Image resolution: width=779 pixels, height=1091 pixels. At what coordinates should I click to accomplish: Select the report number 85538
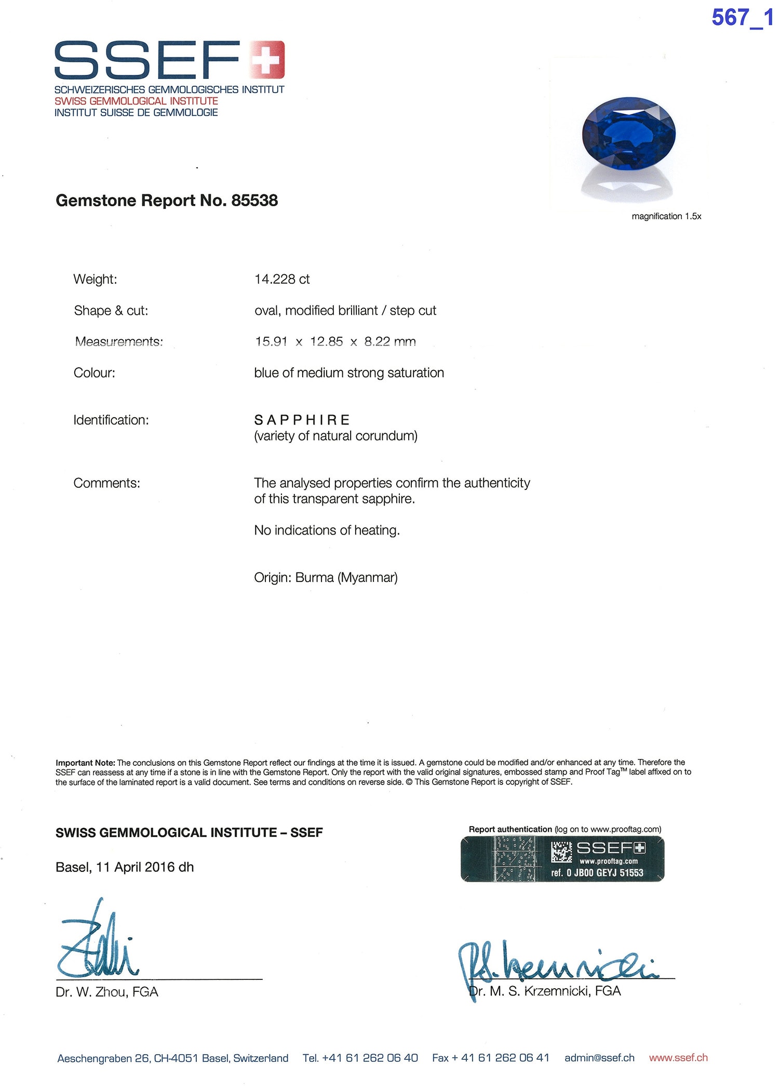[254, 201]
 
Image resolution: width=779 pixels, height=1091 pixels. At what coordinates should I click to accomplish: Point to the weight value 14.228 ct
[282, 280]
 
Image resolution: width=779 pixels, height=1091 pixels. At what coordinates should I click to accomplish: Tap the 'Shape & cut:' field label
[111, 311]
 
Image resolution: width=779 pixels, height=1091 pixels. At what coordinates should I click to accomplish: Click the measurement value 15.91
[271, 342]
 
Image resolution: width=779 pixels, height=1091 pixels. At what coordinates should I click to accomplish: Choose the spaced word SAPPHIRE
[302, 420]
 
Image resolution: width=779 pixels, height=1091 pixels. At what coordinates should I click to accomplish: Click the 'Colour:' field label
[95, 373]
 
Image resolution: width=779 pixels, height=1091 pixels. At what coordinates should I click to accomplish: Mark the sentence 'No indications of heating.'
[327, 530]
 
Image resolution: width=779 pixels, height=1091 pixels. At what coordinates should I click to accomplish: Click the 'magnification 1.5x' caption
[666, 216]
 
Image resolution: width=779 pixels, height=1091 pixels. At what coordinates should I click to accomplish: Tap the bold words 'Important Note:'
[86, 763]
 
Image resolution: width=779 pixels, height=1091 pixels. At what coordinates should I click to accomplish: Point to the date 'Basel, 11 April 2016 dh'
[125, 867]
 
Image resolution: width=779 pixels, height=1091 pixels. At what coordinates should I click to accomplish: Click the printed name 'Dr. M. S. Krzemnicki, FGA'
[545, 991]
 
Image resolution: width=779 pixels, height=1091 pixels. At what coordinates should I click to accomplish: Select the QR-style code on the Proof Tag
[561, 852]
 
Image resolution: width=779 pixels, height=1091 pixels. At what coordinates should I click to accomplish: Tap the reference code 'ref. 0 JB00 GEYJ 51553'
[597, 873]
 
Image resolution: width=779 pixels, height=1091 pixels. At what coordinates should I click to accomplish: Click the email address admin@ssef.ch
[599, 1058]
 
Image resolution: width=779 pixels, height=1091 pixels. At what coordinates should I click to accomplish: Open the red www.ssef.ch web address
[678, 1058]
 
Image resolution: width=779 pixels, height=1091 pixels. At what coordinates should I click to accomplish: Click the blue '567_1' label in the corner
[742, 18]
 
